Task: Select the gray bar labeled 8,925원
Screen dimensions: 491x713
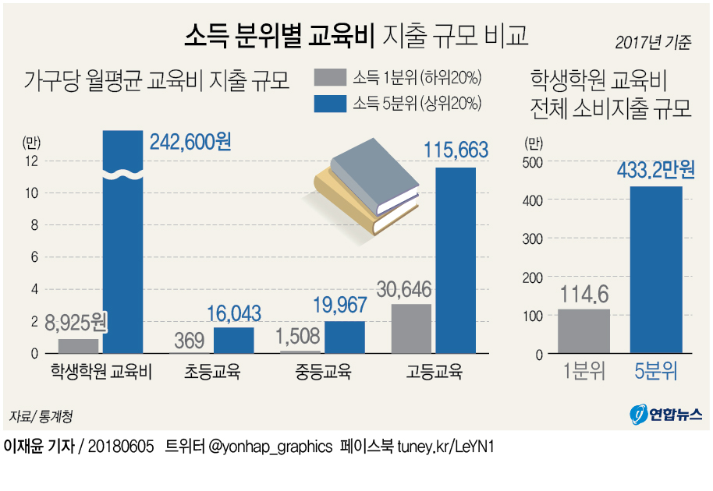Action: click(x=78, y=346)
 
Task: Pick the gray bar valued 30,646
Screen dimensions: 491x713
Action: click(x=411, y=328)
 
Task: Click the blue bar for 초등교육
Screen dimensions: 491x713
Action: click(x=233, y=340)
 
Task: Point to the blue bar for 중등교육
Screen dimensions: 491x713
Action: click(x=344, y=337)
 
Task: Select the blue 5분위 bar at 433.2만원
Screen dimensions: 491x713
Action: click(x=656, y=270)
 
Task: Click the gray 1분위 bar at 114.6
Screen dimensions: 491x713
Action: click(x=584, y=331)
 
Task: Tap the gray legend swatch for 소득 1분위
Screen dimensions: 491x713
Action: click(x=330, y=78)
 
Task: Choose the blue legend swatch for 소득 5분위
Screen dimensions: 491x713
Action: click(x=330, y=103)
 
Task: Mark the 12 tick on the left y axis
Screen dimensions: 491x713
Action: click(x=31, y=161)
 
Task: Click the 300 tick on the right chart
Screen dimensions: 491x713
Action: click(x=531, y=238)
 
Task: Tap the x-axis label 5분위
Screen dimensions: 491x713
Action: click(x=655, y=372)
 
